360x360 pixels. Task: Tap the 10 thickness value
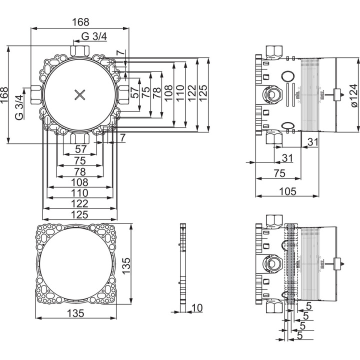point(197,308)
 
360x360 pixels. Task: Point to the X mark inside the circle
point(80,95)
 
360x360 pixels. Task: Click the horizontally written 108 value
point(80,182)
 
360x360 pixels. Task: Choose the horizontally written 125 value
point(80,214)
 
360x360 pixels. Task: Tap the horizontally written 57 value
point(80,150)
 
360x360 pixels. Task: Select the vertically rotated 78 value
point(156,92)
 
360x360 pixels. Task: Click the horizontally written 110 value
point(80,192)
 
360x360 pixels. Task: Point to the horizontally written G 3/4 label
point(93,36)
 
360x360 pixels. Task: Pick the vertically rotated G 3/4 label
point(19,106)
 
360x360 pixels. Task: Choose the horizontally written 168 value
point(80,22)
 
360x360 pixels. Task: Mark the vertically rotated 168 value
point(4,95)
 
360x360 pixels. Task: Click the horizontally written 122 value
point(80,203)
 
